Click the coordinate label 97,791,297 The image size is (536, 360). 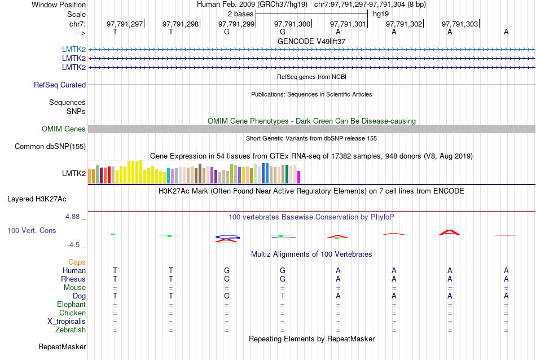125,24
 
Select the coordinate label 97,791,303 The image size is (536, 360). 460,24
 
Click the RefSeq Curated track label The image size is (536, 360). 60,85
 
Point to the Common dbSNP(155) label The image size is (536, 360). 50,147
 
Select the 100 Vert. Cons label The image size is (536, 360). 32,231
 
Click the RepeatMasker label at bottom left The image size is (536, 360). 61,346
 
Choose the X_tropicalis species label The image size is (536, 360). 67,322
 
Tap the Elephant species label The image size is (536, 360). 72,305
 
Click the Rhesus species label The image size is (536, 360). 73,279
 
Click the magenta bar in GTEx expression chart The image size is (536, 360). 299,177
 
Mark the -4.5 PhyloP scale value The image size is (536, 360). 75,245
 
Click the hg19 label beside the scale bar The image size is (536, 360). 380,14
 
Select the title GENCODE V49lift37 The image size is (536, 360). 311,41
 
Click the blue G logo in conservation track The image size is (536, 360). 227,237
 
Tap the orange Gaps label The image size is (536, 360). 77,262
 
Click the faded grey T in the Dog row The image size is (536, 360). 283,296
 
